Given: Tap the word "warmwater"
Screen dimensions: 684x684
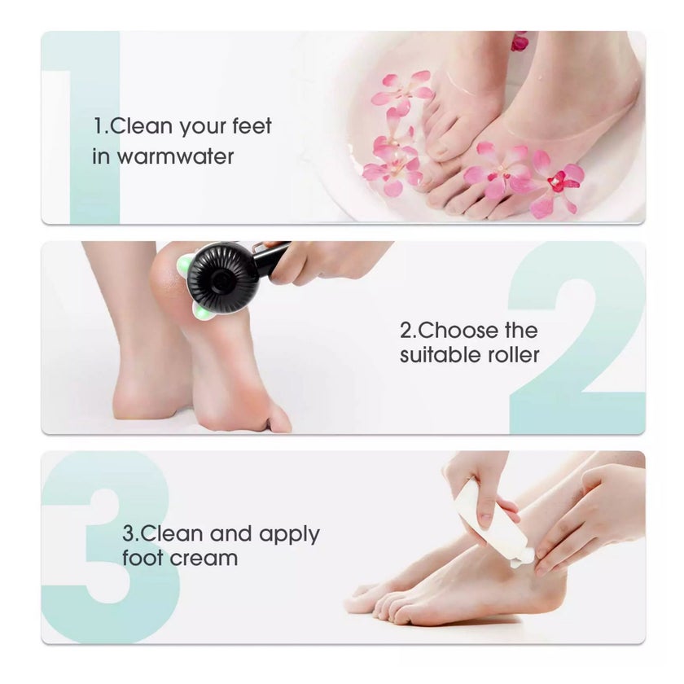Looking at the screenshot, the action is (175, 157).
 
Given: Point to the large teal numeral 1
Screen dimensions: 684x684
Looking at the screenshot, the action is (94, 126).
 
